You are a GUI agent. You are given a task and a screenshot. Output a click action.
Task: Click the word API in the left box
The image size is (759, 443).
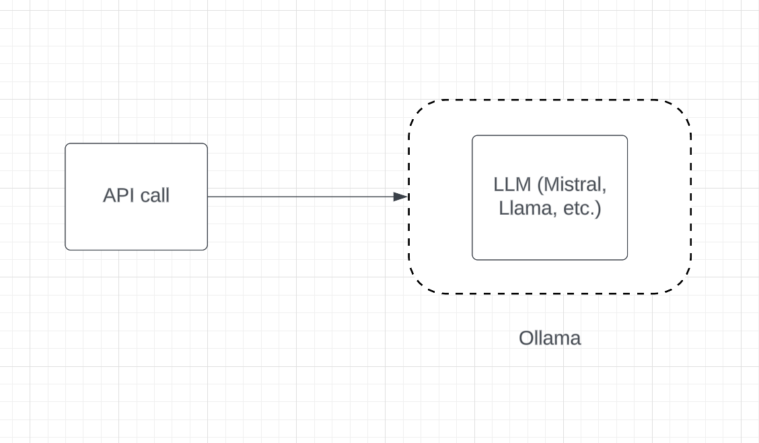pos(118,196)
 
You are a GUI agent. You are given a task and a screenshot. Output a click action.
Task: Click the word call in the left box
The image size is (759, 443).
pos(153,196)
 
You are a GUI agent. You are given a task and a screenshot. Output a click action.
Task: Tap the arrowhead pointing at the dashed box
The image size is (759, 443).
pos(402,197)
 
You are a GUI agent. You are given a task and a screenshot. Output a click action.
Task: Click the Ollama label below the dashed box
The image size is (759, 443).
pos(549,338)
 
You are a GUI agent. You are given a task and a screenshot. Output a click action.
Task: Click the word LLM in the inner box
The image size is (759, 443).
pos(512,184)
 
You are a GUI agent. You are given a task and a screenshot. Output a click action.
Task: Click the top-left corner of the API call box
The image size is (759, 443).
pos(67,145)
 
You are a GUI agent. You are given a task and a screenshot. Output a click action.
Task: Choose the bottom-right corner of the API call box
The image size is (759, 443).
pos(206,248)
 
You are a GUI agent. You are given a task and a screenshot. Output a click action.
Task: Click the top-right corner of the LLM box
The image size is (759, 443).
pos(626,137)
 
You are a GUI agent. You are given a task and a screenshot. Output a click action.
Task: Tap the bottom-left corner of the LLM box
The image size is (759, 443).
pos(474,258)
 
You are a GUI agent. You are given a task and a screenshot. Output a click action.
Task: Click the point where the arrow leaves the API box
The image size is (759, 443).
pos(208,197)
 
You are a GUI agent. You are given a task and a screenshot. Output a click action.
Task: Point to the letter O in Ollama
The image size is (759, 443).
pos(526,338)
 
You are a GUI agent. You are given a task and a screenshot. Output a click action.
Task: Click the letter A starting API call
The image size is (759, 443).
pos(109,196)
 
